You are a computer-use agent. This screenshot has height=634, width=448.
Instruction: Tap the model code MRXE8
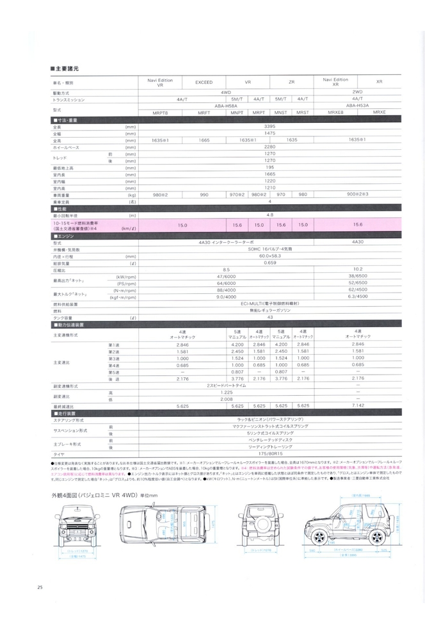tap(335, 112)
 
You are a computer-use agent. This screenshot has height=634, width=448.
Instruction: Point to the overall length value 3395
tap(269, 126)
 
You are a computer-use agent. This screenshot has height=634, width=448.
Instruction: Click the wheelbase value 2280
tap(269, 147)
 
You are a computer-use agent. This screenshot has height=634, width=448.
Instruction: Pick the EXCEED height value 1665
tap(204, 140)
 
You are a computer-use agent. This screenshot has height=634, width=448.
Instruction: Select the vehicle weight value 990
tap(204, 194)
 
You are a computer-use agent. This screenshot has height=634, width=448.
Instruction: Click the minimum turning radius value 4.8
tap(269, 215)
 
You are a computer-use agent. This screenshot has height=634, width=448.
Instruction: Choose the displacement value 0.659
tap(269, 263)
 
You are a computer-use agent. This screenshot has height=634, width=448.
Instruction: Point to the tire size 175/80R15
tap(269, 454)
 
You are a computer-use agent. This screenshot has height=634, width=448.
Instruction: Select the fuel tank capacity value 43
tap(269, 318)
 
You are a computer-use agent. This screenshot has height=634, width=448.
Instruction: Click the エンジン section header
tap(65, 236)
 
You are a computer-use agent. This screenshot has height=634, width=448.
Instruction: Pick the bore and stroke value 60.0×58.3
tap(269, 256)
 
